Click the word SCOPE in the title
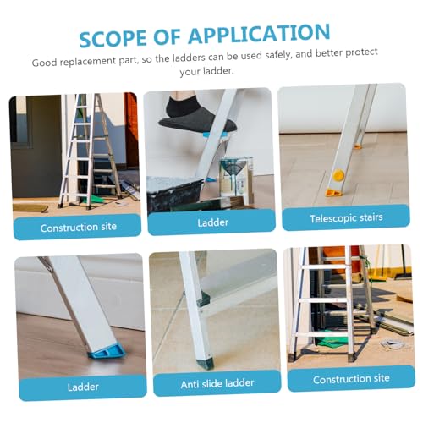pyautogui.click(x=113, y=38)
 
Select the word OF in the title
pyautogui.click(x=167, y=36)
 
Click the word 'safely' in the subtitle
pyautogui.click(x=278, y=55)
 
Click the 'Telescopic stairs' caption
pyautogui.click(x=346, y=218)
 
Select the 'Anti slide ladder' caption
pyautogui.click(x=217, y=383)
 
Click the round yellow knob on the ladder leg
pyautogui.click(x=338, y=175)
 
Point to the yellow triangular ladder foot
pyautogui.click(x=333, y=193)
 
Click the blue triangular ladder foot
pyautogui.click(x=107, y=350)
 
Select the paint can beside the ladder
pyautogui.click(x=235, y=177)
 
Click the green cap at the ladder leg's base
pyautogui.click(x=205, y=364)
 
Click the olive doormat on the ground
pyautogui.click(x=30, y=208)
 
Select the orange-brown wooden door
pyautogui.click(x=131, y=129)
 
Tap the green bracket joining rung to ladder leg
pyautogui.click(x=203, y=299)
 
